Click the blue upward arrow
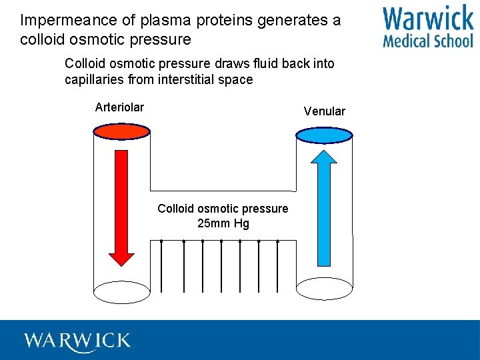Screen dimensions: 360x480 (x=324, y=207)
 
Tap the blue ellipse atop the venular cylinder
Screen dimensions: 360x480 (x=324, y=135)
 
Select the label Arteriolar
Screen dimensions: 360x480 (x=119, y=107)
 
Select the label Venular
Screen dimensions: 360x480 (x=324, y=111)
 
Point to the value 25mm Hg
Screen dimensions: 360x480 (x=223, y=223)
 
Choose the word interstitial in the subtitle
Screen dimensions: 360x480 (x=189, y=80)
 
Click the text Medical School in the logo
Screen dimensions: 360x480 (x=428, y=41)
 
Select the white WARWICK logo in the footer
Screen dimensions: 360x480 (x=77, y=341)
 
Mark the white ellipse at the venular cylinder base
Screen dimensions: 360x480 (x=324, y=289)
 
